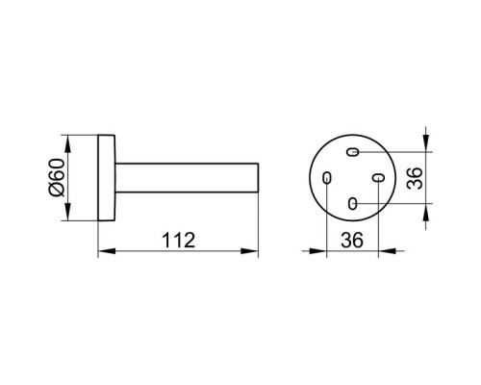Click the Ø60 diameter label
pyautogui.click(x=57, y=177)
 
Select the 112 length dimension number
pyautogui.click(x=179, y=240)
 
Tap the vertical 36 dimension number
pyautogui.click(x=415, y=178)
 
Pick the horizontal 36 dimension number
pyautogui.click(x=352, y=240)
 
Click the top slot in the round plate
pyautogui.click(x=352, y=151)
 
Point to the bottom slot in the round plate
pyautogui.click(x=352, y=203)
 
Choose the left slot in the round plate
pyautogui.click(x=326, y=177)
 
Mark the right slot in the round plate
pyautogui.click(x=378, y=177)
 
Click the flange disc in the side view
pyautogui.click(x=107, y=178)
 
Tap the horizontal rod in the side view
pyautogui.click(x=187, y=178)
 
